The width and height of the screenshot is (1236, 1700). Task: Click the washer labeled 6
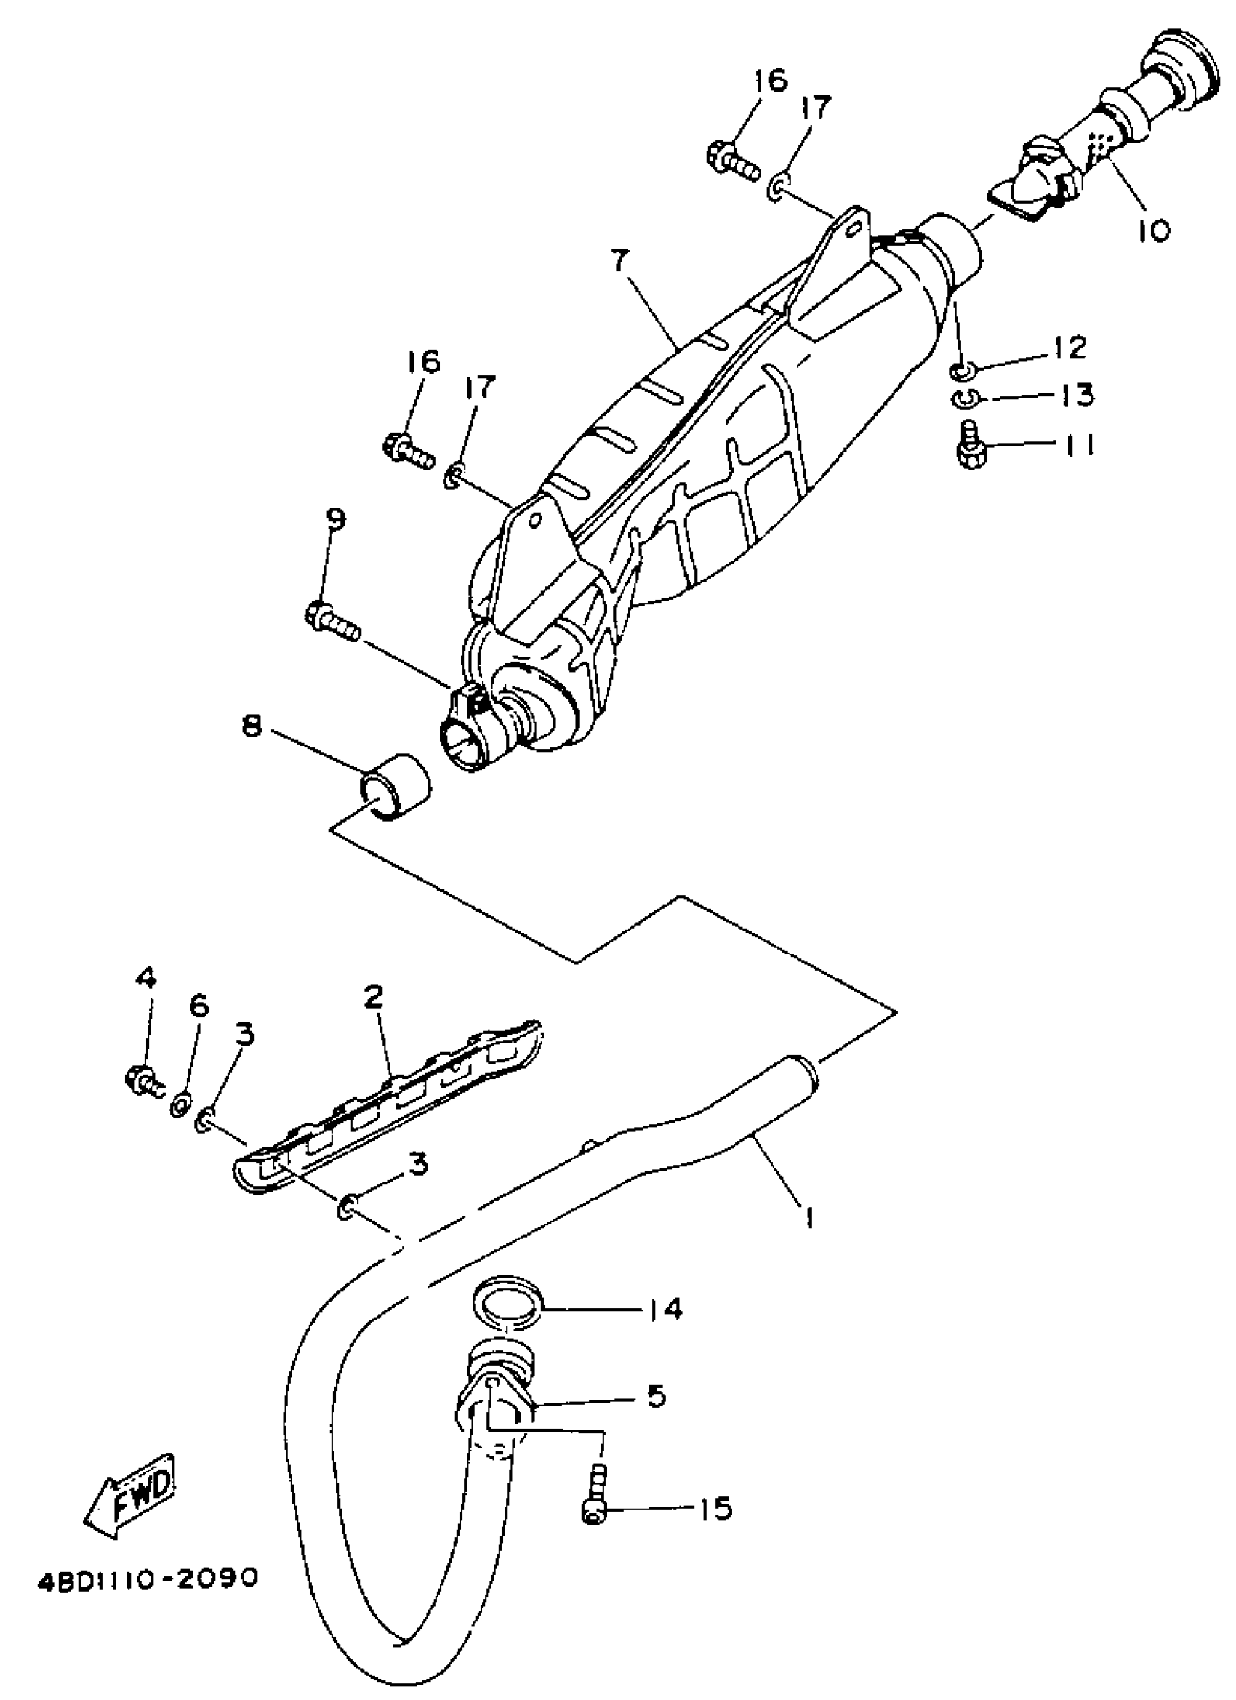point(180,1103)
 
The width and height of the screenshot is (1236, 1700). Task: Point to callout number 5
point(656,1395)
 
